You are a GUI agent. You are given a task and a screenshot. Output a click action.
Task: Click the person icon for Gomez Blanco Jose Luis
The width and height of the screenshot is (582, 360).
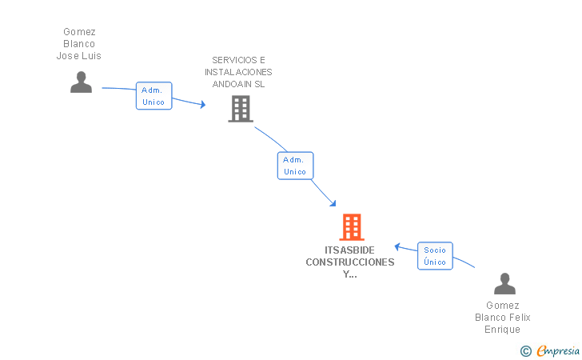[x=81, y=82]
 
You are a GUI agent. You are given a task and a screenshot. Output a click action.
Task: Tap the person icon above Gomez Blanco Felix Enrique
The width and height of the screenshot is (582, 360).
[x=504, y=283]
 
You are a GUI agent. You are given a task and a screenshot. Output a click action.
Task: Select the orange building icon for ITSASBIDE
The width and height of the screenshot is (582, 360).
[x=352, y=227]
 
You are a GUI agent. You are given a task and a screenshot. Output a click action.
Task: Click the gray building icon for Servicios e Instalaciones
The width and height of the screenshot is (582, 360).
[x=241, y=109]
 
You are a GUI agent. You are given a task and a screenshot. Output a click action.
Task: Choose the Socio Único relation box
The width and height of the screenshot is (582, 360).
[x=435, y=256]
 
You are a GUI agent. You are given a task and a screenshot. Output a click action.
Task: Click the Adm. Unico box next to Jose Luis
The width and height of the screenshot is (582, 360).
[x=153, y=96]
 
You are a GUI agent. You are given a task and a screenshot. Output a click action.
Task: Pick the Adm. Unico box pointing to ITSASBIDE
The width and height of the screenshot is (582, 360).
[x=295, y=166]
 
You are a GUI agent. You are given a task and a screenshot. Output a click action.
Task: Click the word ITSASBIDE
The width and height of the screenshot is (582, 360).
[x=349, y=250]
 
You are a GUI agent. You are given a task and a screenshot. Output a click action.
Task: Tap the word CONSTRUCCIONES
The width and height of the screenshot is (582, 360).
[x=350, y=262]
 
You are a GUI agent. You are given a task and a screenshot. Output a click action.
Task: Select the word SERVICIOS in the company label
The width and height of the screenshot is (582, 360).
[x=234, y=60]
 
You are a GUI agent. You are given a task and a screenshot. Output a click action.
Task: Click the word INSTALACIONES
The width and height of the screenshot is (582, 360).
[x=238, y=72]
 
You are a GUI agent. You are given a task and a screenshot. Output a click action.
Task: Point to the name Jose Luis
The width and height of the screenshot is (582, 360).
[x=78, y=56]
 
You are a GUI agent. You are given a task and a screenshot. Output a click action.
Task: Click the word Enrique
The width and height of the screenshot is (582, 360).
[x=503, y=330]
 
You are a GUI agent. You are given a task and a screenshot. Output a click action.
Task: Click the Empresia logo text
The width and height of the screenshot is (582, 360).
[x=558, y=350]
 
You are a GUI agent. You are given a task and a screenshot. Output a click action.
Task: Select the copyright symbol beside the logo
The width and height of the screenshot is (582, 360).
[x=526, y=351]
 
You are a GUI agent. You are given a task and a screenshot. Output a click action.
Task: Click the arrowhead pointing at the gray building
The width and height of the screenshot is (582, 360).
[x=203, y=104]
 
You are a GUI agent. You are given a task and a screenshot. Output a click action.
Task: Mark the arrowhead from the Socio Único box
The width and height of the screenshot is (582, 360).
[x=397, y=246]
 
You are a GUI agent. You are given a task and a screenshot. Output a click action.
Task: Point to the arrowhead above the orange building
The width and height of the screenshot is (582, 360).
[x=333, y=203]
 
